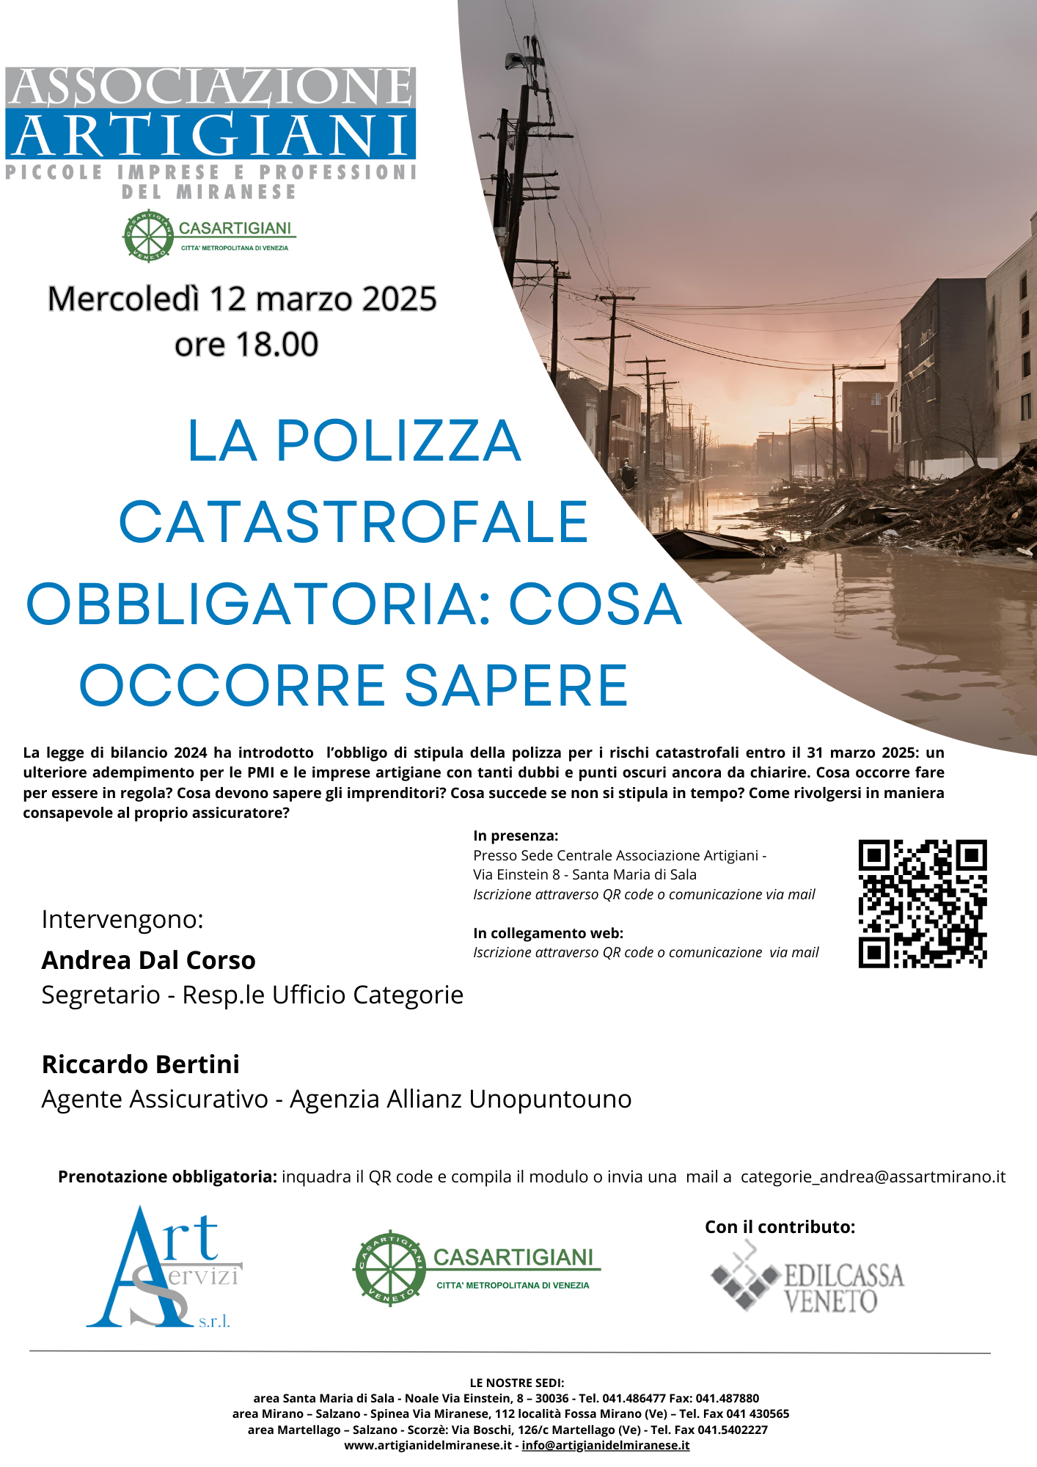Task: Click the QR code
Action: coord(922,904)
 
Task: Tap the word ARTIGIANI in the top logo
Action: coord(210,135)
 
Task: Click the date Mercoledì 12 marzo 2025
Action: coord(242,299)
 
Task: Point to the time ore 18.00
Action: coord(246,345)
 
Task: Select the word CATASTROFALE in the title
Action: coord(353,523)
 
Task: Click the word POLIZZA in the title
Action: coord(398,441)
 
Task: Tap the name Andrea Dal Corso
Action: coord(148,960)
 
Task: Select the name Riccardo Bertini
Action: coord(140,1064)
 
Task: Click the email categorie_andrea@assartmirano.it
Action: coord(873,1177)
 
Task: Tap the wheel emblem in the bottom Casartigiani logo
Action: coord(389,1267)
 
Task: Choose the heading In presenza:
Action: coord(516,835)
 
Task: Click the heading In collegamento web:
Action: coord(548,933)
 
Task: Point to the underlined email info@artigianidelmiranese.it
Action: coord(605,1445)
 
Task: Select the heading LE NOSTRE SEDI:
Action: coord(517,1383)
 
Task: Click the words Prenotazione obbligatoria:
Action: coord(167,1177)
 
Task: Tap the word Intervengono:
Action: coord(122,919)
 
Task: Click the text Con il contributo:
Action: coord(780,1227)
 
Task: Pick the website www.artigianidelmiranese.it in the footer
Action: coord(428,1445)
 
